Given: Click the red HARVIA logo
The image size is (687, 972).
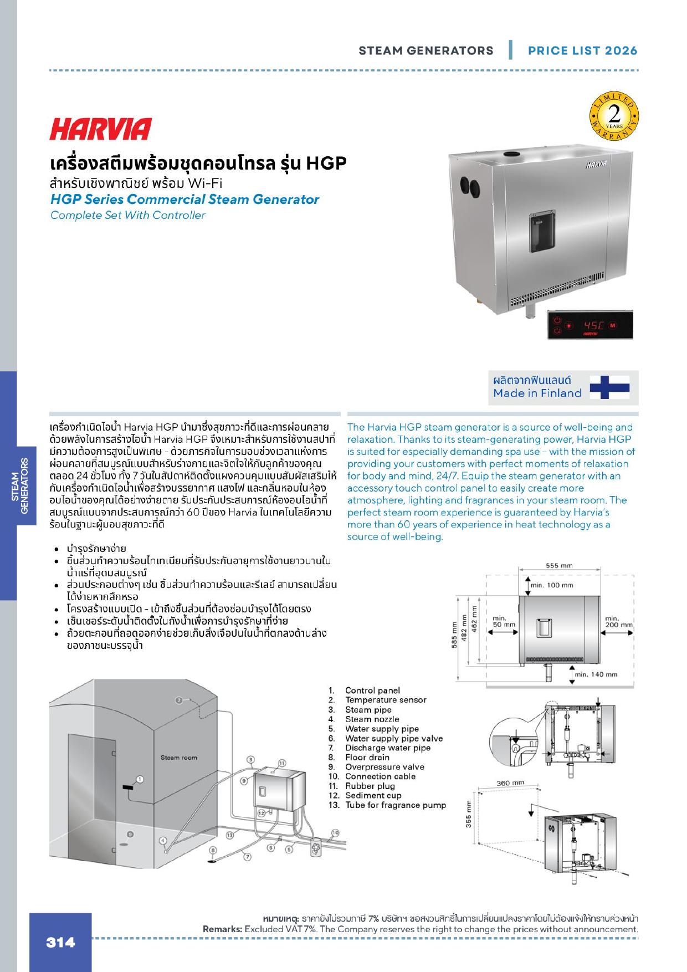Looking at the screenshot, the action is [x=100, y=129].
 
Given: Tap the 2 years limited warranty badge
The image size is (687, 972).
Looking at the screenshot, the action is [x=614, y=118].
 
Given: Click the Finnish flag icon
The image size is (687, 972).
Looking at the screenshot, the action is [x=609, y=387].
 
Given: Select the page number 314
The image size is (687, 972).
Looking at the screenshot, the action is [x=60, y=942].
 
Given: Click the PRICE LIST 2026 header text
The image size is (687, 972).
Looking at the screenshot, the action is [x=582, y=50].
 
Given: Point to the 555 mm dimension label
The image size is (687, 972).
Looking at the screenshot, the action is [x=560, y=566].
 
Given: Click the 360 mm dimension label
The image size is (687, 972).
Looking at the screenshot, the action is [x=510, y=783].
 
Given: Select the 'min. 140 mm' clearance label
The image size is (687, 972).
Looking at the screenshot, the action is [x=596, y=674].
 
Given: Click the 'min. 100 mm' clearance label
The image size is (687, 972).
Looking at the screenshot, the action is [x=552, y=585].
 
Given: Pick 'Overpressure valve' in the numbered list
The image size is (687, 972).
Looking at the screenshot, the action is [x=384, y=767].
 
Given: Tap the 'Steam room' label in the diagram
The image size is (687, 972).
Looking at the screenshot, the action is [x=179, y=758].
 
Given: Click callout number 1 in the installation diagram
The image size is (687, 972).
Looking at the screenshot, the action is [x=140, y=779].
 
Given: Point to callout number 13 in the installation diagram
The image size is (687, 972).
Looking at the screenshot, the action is [x=229, y=835].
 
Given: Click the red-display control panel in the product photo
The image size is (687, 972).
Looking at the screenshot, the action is [x=589, y=324].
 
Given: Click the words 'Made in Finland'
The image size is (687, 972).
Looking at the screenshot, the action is [x=537, y=393].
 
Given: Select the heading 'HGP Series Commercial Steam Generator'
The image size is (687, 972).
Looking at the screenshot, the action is [x=184, y=199].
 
